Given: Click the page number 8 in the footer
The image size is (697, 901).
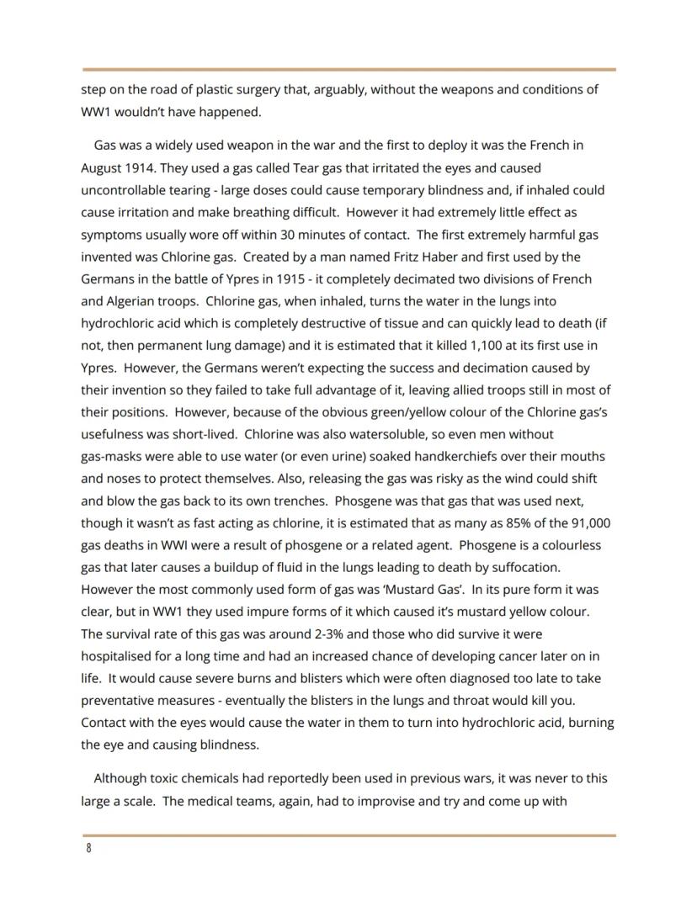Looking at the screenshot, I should click(x=88, y=848).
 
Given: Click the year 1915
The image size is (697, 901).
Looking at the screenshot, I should click(x=300, y=278).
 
